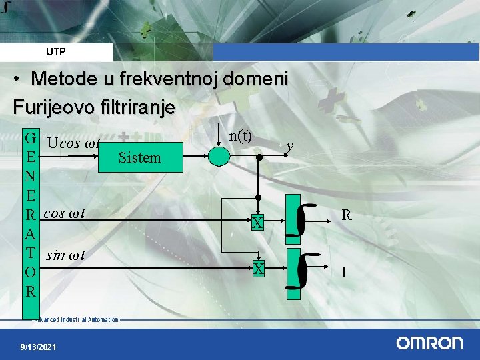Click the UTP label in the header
click(x=56, y=52)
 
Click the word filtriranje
click(x=139, y=107)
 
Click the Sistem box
click(x=139, y=158)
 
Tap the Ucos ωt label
click(x=73, y=143)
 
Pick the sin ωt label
click(x=65, y=255)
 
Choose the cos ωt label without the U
click(x=63, y=214)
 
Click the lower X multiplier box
click(x=258, y=269)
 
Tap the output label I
click(x=343, y=273)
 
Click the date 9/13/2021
click(x=38, y=347)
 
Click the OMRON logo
click(x=429, y=343)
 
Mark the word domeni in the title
click(x=256, y=79)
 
